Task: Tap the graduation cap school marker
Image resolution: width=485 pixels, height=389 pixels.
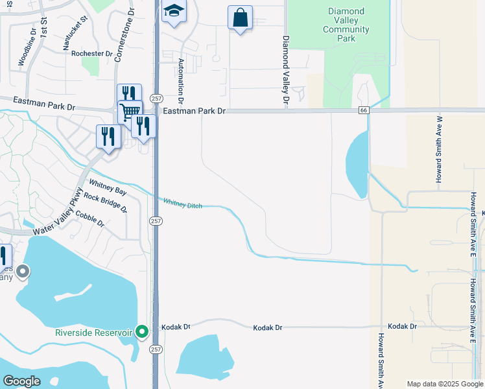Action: point(174,12)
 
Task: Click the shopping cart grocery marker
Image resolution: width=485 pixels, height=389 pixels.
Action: point(130,111)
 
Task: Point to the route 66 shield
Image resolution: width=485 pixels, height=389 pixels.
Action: point(364,111)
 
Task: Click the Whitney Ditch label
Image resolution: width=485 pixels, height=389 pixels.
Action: point(182,204)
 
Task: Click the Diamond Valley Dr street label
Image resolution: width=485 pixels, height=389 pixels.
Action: point(285,70)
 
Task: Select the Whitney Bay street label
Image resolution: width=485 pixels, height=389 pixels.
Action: point(108,187)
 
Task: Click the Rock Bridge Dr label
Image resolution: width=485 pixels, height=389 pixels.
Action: point(105,203)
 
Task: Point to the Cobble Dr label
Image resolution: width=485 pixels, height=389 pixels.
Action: point(90,219)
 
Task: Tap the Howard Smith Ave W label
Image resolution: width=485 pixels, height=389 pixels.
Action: point(439,149)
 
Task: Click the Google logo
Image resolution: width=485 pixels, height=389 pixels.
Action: point(21,381)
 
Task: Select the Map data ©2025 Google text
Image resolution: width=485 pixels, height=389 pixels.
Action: point(444,384)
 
